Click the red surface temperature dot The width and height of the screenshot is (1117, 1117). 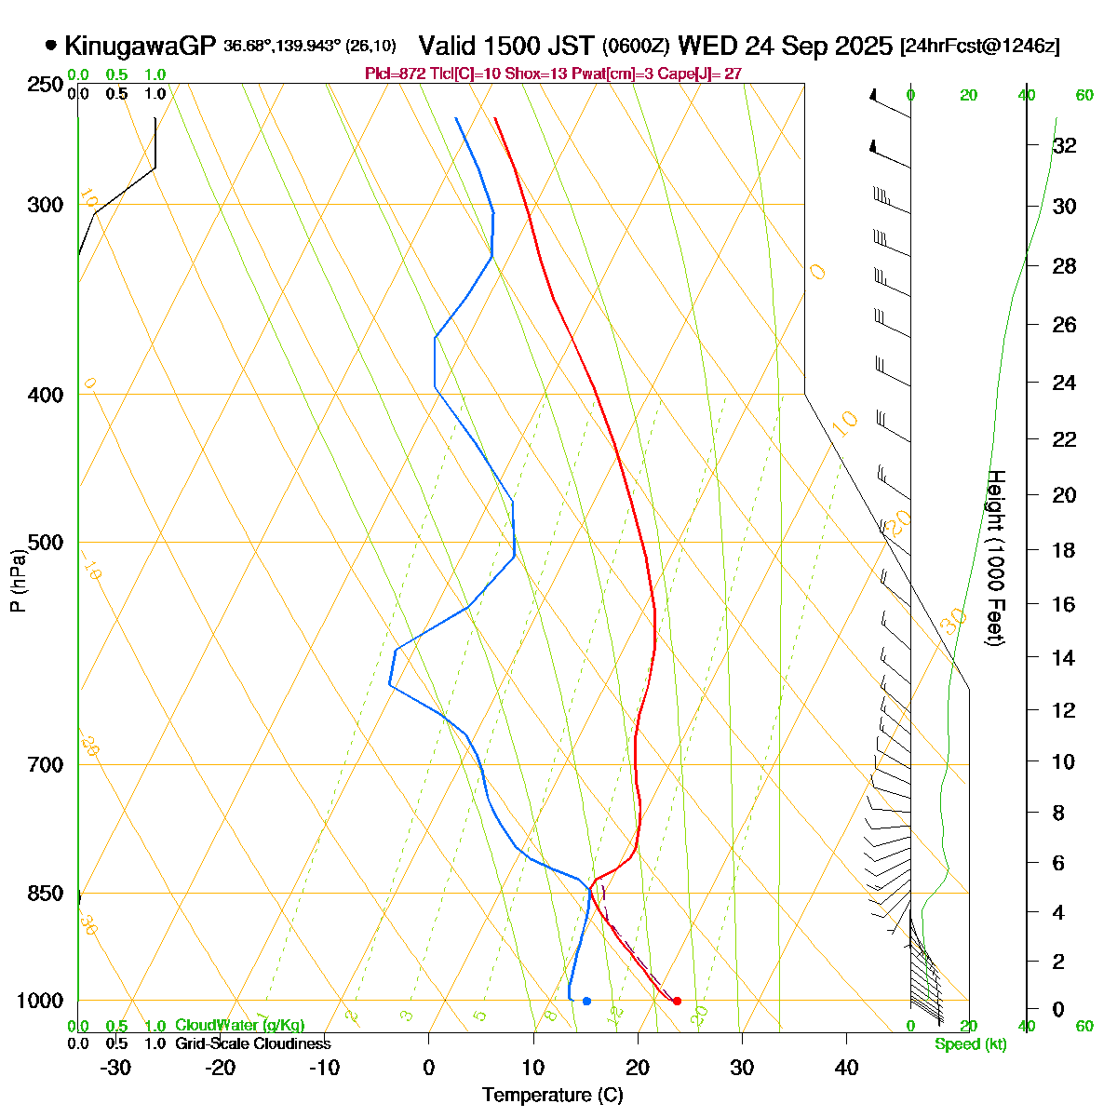677,1001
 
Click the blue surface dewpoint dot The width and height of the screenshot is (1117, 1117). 586,1001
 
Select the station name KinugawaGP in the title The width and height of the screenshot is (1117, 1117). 141,46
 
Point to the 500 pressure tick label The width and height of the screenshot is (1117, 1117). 47,542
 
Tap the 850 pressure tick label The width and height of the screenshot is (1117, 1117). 47,894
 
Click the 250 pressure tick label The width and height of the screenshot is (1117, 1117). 47,85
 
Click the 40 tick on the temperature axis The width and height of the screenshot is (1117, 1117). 845,1068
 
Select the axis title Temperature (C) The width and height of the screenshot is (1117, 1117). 553,1096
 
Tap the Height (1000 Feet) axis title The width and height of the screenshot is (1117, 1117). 995,558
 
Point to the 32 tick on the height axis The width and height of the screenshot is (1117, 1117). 1065,145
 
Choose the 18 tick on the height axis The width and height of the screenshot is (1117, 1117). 1065,550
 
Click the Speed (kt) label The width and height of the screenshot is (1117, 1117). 971,1044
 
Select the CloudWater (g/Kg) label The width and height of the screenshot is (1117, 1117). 239,1026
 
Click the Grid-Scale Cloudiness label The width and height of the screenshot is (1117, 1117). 252,1044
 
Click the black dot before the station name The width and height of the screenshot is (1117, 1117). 50,45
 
